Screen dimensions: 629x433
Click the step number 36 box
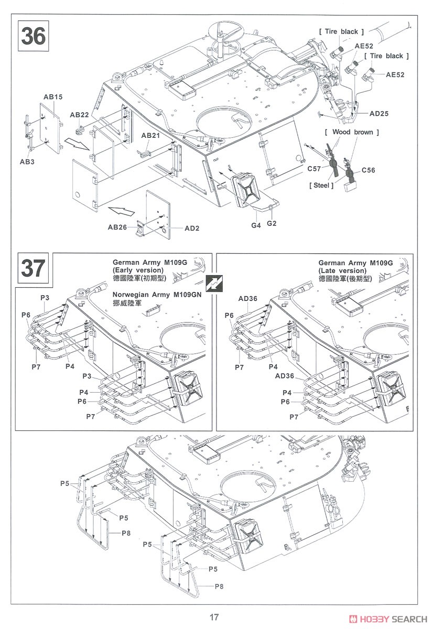click(x=34, y=35)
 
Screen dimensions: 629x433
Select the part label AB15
click(x=53, y=97)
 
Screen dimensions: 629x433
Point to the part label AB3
click(x=27, y=162)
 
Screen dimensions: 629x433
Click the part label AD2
click(x=177, y=229)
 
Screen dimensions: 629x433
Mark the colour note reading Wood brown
click(x=349, y=132)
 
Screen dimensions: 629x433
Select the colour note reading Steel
click(x=321, y=185)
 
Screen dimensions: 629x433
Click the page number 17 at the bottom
click(x=213, y=617)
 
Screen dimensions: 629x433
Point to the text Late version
click(x=342, y=270)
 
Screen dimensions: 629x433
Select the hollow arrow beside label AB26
click(x=120, y=211)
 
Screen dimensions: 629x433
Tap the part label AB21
click(x=150, y=135)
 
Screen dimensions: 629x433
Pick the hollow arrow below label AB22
click(x=76, y=142)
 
